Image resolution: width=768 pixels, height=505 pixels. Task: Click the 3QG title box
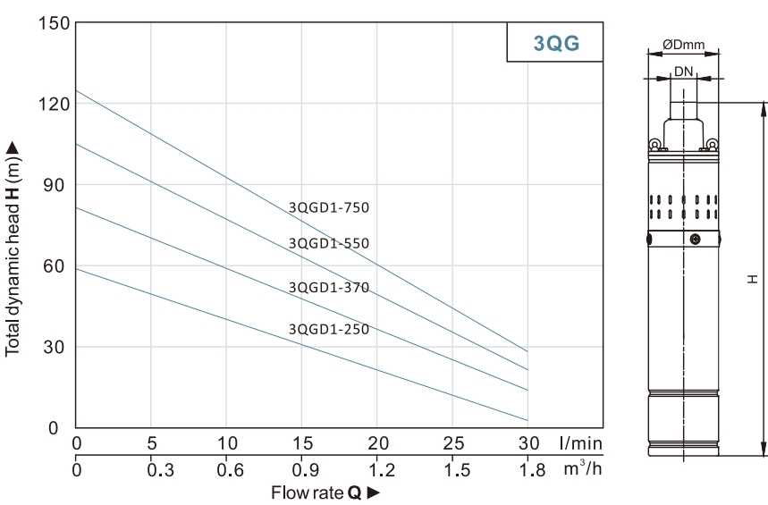pos(562,43)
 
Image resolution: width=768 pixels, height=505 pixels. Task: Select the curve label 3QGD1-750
pos(328,207)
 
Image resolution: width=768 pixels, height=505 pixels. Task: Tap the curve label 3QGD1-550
pos(328,243)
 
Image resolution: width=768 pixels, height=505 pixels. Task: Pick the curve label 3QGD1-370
pos(328,287)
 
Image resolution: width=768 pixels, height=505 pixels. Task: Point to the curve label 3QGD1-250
pos(328,329)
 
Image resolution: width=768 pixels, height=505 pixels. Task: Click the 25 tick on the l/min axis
pos(453,443)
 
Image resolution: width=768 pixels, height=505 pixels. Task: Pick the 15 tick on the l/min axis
pos(303,443)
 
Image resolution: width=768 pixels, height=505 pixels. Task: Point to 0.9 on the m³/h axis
pos(303,469)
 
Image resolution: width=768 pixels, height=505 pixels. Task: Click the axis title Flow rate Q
pos(319,492)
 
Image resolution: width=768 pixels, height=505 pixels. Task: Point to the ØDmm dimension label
pos(682,45)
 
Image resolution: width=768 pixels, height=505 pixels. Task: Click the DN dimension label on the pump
pos(683,71)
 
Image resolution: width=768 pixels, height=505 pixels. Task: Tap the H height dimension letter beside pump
pos(755,279)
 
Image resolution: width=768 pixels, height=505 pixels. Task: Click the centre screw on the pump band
pos(695,240)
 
